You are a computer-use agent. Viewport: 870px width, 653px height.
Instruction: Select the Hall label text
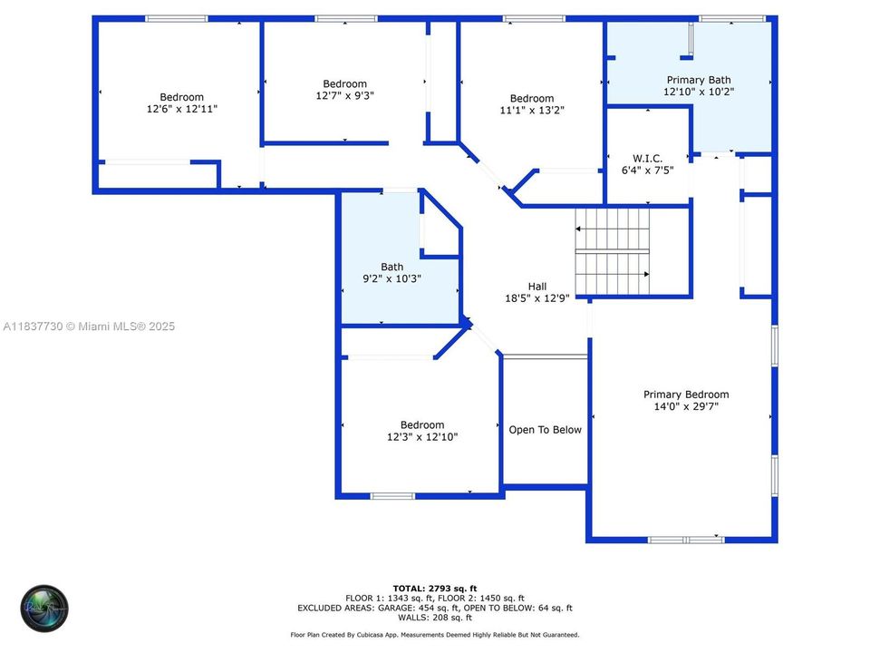[x=537, y=287]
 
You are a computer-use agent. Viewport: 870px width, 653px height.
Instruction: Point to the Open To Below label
[x=545, y=430]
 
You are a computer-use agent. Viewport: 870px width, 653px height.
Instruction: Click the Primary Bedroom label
[x=686, y=395]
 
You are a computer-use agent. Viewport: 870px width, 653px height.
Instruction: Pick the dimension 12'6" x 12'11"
[x=181, y=109]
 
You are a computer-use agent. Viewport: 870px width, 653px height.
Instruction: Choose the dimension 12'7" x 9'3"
[x=344, y=95]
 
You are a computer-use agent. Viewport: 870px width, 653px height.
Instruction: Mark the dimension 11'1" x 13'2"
[x=531, y=111]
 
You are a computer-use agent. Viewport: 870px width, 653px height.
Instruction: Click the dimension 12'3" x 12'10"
[x=422, y=436]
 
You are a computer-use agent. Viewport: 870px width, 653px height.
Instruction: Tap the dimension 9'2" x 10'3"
[x=391, y=278]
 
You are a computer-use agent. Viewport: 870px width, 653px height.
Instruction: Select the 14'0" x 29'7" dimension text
[x=686, y=406]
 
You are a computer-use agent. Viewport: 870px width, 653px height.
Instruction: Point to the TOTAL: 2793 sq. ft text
[x=434, y=589]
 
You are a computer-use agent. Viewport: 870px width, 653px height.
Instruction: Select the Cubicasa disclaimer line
[x=434, y=635]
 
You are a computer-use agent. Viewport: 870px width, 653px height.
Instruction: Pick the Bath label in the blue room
[x=391, y=267]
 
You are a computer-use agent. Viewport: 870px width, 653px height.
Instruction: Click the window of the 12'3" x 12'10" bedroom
[x=392, y=496]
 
